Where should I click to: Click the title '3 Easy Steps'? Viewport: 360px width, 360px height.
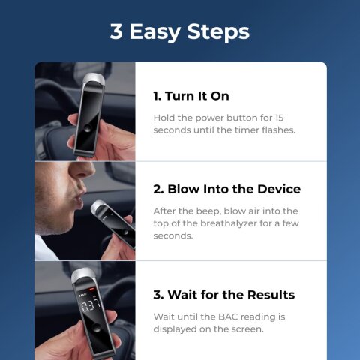(x=180, y=31)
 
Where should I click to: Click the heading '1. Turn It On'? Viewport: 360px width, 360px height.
(x=191, y=97)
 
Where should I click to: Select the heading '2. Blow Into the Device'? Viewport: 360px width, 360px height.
(x=226, y=189)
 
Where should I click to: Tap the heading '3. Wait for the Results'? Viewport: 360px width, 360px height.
(x=223, y=294)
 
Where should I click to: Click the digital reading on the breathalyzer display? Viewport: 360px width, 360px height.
(x=91, y=305)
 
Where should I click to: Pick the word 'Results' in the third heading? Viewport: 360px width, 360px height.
(x=267, y=294)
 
